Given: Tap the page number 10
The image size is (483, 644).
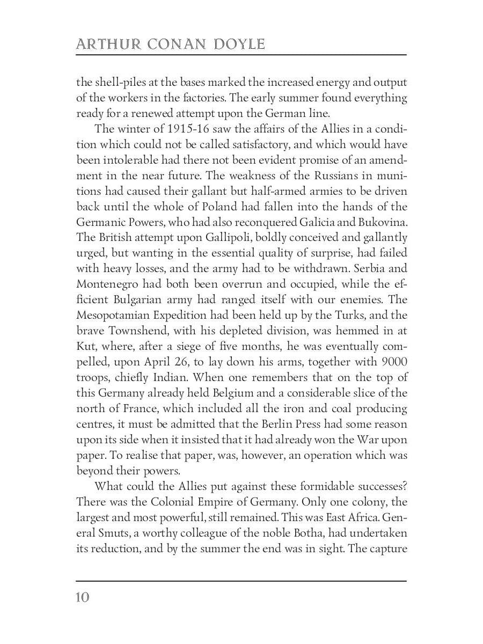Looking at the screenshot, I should point(83,597).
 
